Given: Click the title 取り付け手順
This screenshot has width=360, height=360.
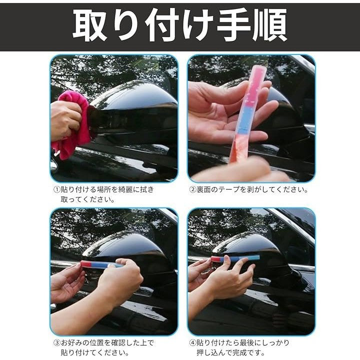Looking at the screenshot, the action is (x=180, y=25).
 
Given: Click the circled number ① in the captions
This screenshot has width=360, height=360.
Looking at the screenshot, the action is (x=56, y=189).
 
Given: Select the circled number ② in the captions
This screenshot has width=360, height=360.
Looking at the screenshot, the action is (x=192, y=189).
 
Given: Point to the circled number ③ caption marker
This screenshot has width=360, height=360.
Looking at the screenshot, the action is (x=56, y=343).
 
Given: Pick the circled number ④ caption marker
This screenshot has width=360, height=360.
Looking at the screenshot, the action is (x=192, y=343).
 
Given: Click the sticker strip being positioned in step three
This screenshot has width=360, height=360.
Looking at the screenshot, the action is (x=101, y=264).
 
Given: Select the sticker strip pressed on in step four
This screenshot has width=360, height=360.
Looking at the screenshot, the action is (x=235, y=258).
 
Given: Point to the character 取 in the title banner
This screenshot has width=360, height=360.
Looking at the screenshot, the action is (x=90, y=25).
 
